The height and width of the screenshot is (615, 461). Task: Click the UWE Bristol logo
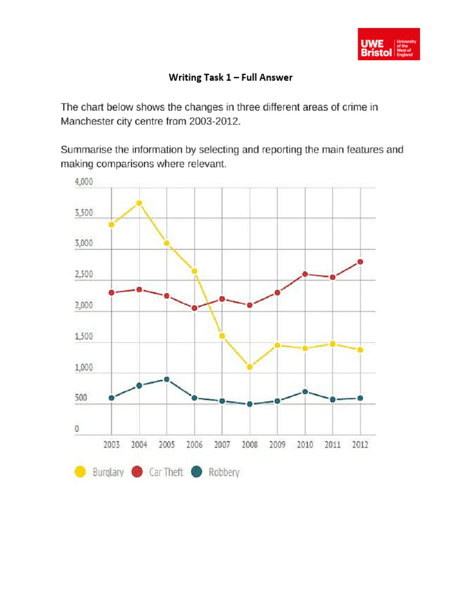(388, 44)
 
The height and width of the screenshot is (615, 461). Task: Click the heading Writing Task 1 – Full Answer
(230, 77)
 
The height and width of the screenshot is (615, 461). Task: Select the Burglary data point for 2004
(139, 203)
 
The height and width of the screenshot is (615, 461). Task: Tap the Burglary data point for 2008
(250, 366)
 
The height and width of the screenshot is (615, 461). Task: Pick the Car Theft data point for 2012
(360, 262)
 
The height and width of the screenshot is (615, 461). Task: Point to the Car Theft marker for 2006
(194, 308)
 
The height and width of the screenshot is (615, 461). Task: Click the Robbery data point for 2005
(167, 380)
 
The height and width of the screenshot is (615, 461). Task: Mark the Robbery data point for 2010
(305, 392)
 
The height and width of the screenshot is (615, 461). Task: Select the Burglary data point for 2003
(112, 225)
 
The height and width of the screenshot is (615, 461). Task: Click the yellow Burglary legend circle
(79, 472)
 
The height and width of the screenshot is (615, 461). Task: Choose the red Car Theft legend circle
(136, 472)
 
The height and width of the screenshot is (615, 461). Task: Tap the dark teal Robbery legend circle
(196, 472)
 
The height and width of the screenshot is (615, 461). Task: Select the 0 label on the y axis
(77, 430)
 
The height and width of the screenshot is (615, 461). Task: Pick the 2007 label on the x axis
(221, 445)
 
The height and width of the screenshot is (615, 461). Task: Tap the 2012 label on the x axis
(360, 445)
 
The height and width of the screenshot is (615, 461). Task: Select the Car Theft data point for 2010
(305, 274)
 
